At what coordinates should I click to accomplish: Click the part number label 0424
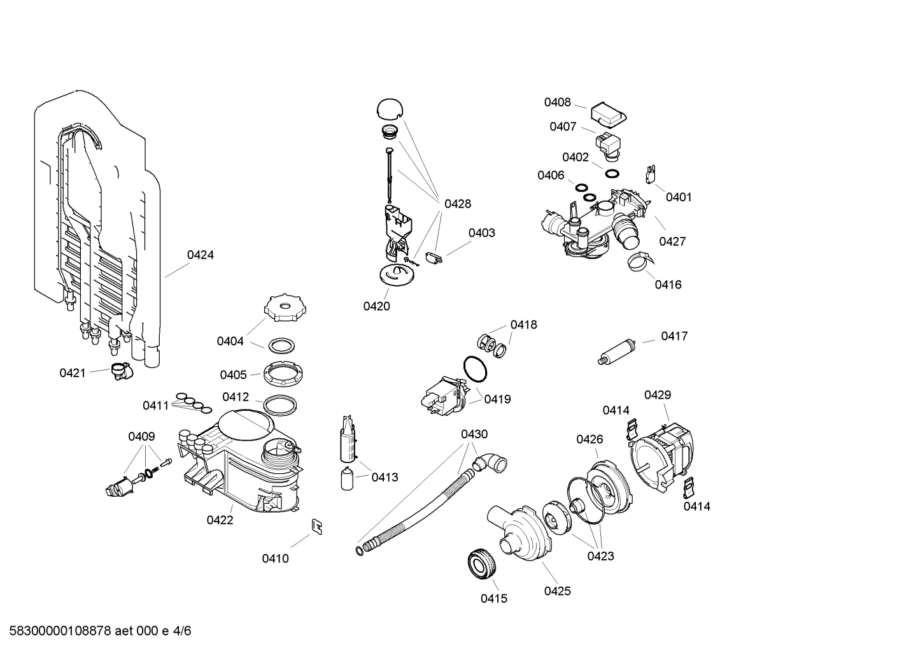(200, 255)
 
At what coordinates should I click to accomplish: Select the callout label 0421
(72, 373)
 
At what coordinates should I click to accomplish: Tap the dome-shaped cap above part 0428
(390, 108)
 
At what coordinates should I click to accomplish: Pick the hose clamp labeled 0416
(639, 261)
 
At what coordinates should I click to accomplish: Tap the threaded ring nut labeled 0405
(281, 372)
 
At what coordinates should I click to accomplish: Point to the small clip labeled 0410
(316, 525)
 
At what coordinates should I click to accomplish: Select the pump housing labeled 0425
(517, 532)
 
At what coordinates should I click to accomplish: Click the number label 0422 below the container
(220, 520)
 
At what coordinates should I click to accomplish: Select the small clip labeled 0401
(650, 174)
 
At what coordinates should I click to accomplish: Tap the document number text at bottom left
(95, 632)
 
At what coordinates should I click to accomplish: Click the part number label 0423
(600, 556)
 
